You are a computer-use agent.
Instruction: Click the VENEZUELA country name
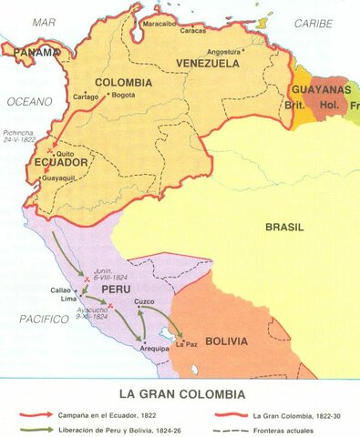208,64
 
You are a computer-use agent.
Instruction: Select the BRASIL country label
284,227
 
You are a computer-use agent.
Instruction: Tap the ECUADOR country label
63,165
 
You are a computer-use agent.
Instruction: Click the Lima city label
69,299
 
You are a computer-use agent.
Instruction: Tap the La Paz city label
186,344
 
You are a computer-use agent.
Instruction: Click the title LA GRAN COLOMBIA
180,393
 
